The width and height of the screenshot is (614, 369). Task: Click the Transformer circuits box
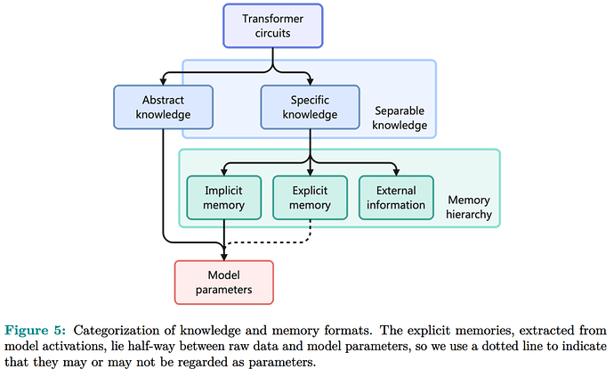(x=272, y=25)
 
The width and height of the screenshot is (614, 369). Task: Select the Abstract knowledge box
(x=164, y=105)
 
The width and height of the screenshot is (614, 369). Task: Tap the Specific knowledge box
(x=310, y=105)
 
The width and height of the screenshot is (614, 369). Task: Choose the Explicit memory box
(x=310, y=197)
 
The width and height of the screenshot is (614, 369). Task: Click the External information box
(x=395, y=197)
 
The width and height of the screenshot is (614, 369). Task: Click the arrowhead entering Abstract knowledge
(x=164, y=81)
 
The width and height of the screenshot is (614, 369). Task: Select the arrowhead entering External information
(x=395, y=173)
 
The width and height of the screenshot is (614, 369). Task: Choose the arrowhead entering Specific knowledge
(x=310, y=81)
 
